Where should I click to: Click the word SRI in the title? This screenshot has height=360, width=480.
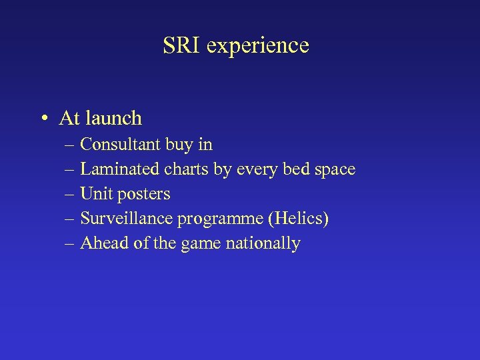(x=181, y=45)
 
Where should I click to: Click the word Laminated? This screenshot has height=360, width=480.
(x=117, y=169)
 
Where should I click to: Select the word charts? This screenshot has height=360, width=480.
(x=185, y=169)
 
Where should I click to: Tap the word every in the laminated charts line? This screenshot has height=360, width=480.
(x=254, y=170)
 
